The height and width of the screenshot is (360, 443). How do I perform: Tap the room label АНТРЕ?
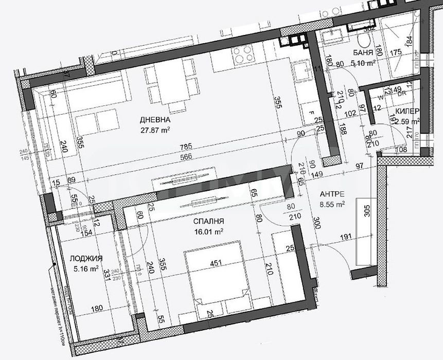(x=332, y=194)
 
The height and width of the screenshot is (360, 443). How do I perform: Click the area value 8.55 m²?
(x=332, y=204)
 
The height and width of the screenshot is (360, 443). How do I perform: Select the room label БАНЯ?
(x=363, y=53)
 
